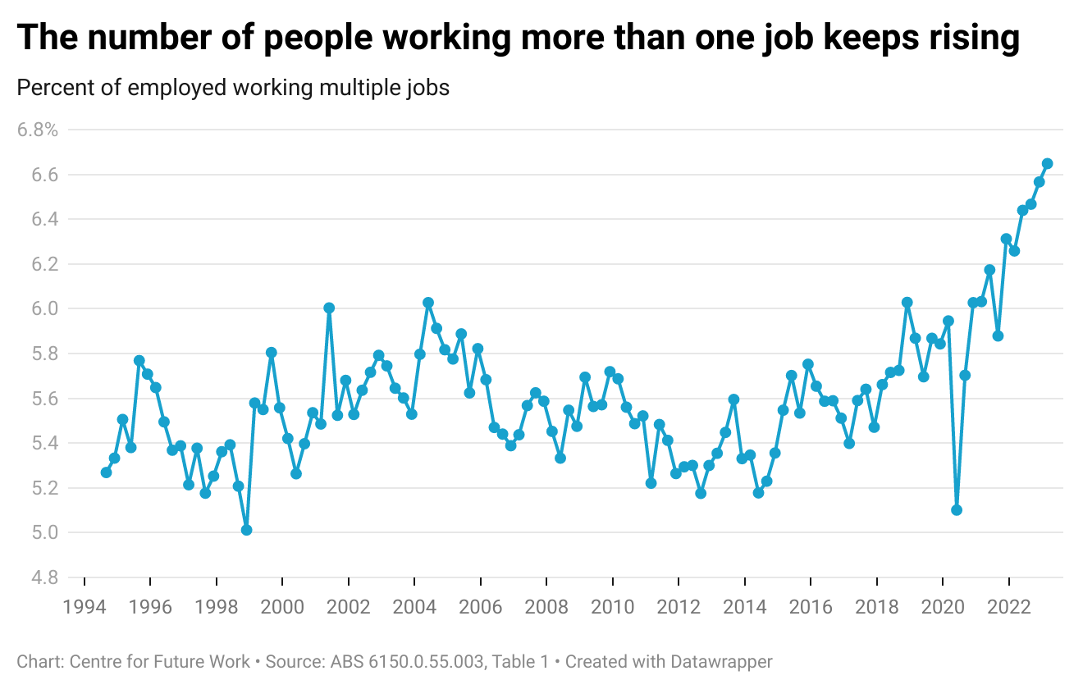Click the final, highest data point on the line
pyautogui.click(x=1047, y=164)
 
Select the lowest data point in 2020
pyautogui.click(x=957, y=510)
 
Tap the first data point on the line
pyautogui.click(x=106, y=472)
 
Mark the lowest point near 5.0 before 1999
pyautogui.click(x=246, y=530)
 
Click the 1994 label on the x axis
pyautogui.click(x=85, y=607)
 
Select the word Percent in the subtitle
pyautogui.click(x=52, y=88)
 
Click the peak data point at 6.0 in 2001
pyautogui.click(x=329, y=308)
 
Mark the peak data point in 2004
pyautogui.click(x=427, y=303)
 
